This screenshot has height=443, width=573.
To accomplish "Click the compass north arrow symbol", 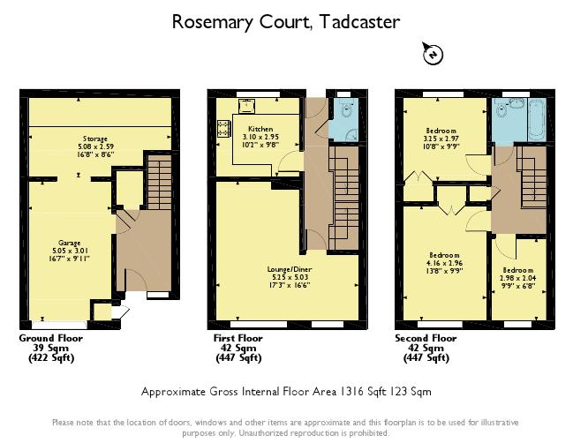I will (x=433, y=54).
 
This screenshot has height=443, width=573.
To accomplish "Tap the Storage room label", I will (x=95, y=139).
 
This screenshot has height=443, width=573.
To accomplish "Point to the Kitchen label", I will (x=259, y=130).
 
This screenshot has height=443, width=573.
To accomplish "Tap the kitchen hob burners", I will (x=220, y=133).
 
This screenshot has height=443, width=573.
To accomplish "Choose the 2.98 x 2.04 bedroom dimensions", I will (x=518, y=277).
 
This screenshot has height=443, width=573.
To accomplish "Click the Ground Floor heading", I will (x=51, y=338).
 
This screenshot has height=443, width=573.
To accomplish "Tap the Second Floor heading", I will (x=426, y=338).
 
